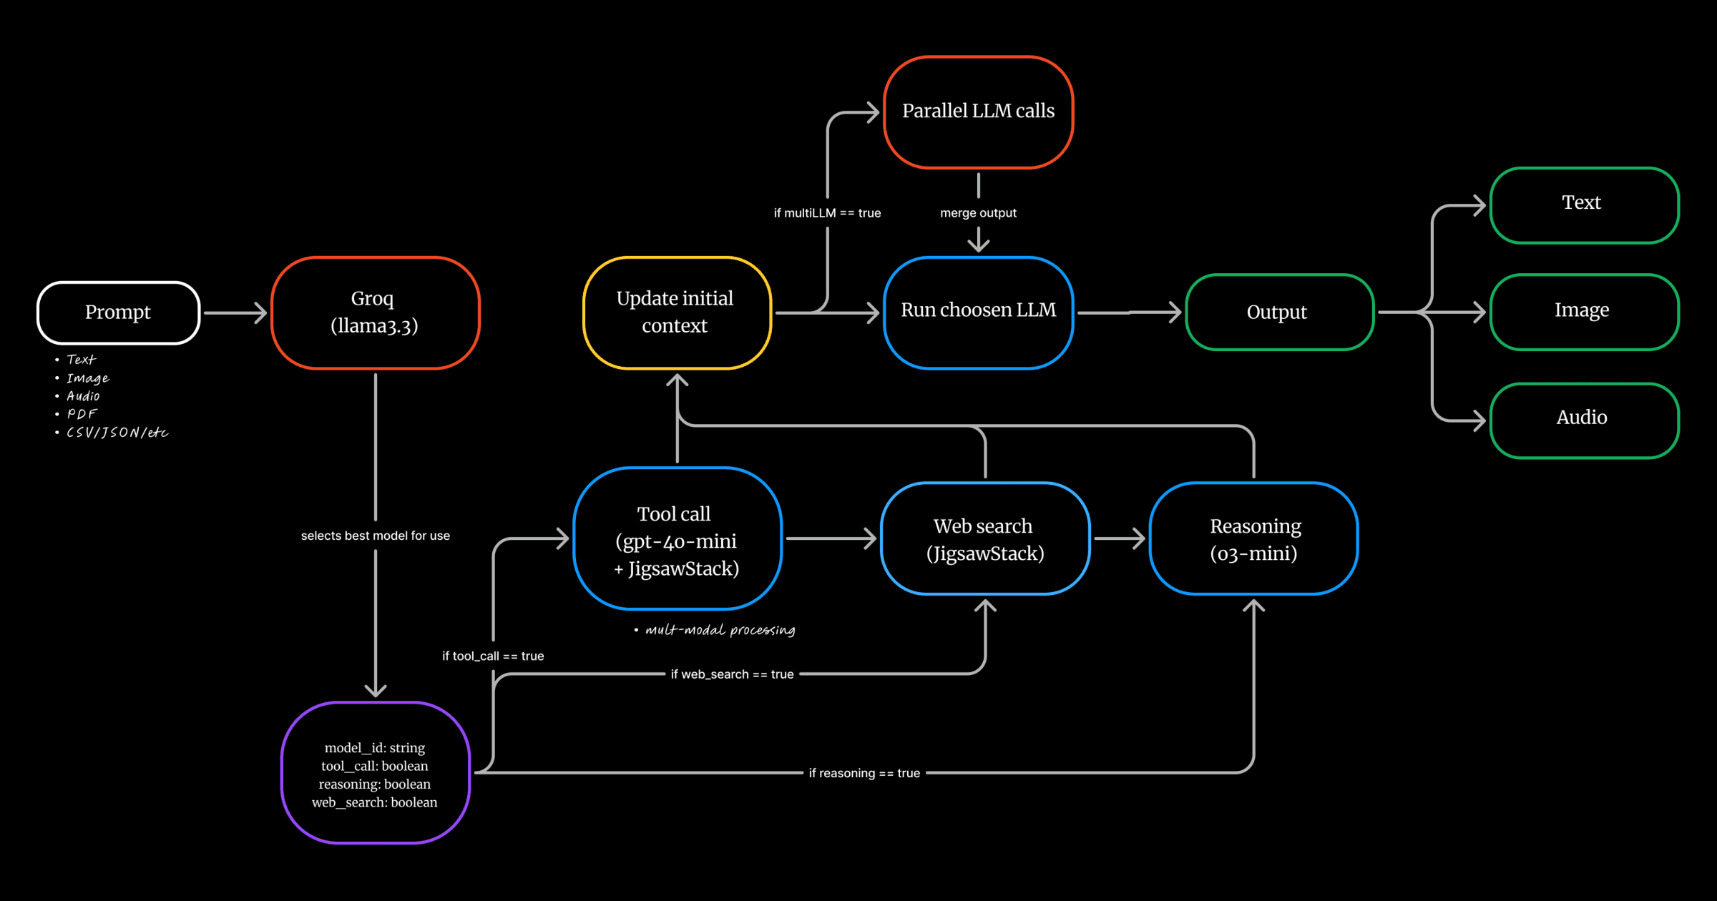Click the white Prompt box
tap(118, 312)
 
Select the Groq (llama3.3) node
tap(375, 312)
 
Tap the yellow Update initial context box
tap(676, 312)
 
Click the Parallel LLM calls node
tap(978, 112)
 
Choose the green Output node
tap(1278, 312)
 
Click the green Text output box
tap(1583, 205)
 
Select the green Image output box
tap(1583, 312)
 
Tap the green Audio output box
tap(1583, 420)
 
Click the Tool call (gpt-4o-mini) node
tap(677, 538)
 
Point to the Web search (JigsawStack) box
tap(985, 538)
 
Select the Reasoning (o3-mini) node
tap(1253, 538)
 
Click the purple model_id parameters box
tap(375, 773)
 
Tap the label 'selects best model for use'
tap(375, 536)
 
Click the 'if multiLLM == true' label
tap(827, 213)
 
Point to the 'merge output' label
tap(978, 213)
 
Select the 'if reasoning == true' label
tap(864, 773)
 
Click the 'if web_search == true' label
tap(732, 674)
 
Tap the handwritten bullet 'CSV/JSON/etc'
tap(117, 433)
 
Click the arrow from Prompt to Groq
tap(235, 312)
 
